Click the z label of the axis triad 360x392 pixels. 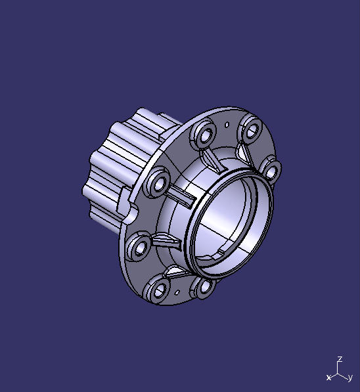(x=340, y=360)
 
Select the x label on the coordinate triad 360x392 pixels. (x=328, y=378)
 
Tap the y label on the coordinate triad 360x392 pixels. (x=351, y=378)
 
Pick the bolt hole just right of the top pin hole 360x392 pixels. (x=251, y=129)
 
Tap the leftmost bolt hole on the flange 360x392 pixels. (x=139, y=249)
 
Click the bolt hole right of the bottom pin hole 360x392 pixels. (x=204, y=287)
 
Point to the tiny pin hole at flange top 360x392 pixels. (x=227, y=123)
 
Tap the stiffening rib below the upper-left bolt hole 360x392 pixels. (x=212, y=159)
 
